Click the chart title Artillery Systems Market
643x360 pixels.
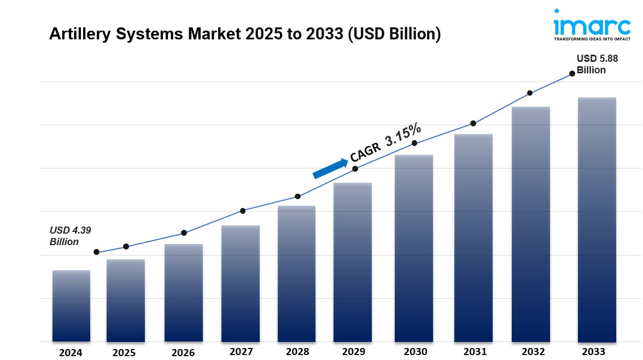point(244,34)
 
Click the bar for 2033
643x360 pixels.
point(597,219)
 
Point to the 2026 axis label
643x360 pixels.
point(183,353)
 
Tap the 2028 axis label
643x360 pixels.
point(297,352)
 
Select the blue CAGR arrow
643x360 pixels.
point(330,168)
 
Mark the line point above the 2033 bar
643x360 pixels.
point(572,73)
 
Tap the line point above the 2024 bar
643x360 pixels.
point(97,252)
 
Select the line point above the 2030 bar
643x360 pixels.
point(414,143)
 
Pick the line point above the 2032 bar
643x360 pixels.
point(530,93)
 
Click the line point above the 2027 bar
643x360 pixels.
point(243,211)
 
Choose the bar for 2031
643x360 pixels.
point(474,237)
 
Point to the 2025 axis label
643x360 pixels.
point(124,353)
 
